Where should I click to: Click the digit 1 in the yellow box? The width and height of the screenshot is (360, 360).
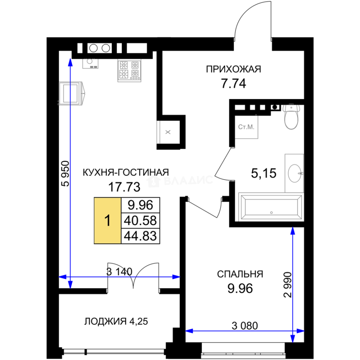click(107, 221)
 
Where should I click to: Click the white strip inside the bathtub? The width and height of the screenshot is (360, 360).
click(272, 202)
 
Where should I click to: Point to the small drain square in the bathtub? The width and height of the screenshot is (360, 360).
click(272, 212)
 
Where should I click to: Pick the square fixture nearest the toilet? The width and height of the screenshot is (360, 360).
click(247, 128)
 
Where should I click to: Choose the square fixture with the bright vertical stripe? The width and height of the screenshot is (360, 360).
click(167, 132)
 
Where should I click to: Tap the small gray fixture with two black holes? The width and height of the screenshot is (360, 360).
click(89, 64)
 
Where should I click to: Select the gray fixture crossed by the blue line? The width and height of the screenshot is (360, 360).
click(72, 93)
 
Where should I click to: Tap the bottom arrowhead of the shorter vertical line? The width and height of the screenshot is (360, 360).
click(292, 339)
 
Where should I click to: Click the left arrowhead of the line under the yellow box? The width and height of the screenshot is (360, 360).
click(62, 277)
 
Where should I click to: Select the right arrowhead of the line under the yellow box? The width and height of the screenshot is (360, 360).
click(176, 277)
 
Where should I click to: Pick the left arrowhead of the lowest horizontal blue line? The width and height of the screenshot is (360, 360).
click(189, 331)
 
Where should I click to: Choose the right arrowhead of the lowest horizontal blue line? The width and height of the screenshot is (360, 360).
click(300, 331)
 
